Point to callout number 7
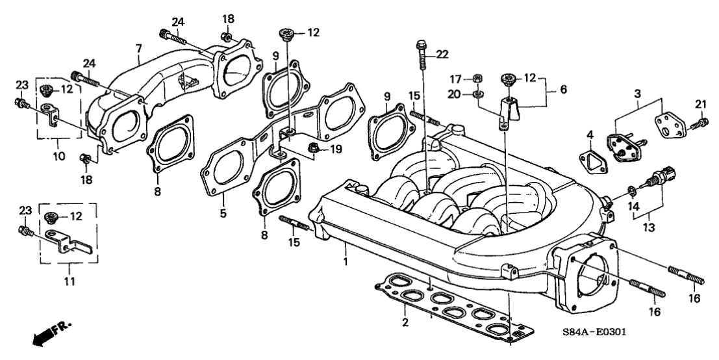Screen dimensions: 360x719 (x=138, y=49)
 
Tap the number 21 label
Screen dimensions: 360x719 (x=700, y=104)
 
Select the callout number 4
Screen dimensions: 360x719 (x=590, y=135)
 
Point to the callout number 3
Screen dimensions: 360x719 (x=638, y=94)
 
